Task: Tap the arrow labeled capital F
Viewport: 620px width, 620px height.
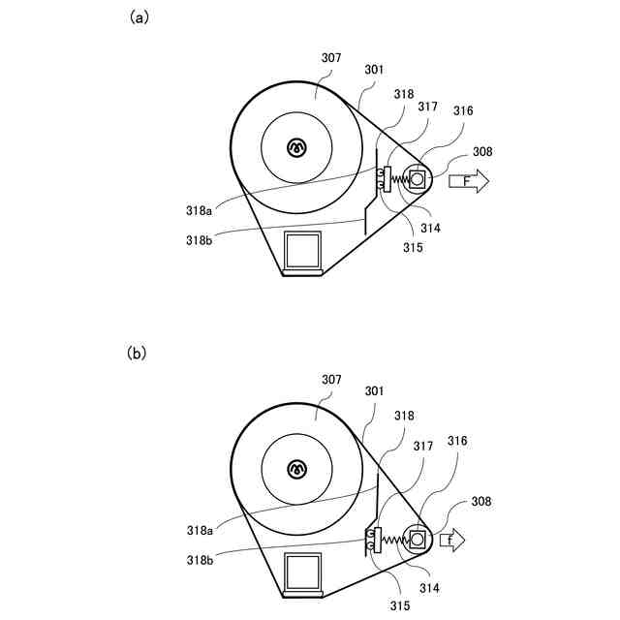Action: pyautogui.click(x=470, y=180)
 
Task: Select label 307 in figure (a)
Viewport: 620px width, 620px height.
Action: pyautogui.click(x=331, y=58)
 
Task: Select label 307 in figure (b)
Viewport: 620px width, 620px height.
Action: pyautogui.click(x=331, y=381)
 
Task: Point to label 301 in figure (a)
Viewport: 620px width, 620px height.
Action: pyautogui.click(x=374, y=70)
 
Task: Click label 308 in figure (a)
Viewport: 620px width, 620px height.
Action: pyautogui.click(x=482, y=152)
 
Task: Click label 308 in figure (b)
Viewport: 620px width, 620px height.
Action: pyautogui.click(x=482, y=502)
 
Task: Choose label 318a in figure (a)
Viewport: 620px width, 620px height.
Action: pyautogui.click(x=200, y=209)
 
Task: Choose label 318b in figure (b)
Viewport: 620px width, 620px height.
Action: pyautogui.click(x=200, y=560)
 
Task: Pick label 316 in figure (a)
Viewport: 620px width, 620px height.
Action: pyautogui.click(x=462, y=111)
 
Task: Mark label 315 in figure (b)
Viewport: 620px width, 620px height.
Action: pyautogui.click(x=400, y=605)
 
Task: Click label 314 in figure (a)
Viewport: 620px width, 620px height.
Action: pyautogui.click(x=430, y=228)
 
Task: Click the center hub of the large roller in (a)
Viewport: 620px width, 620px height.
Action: pyautogui.click(x=296, y=146)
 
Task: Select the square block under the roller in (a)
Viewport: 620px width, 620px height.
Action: pyautogui.click(x=302, y=250)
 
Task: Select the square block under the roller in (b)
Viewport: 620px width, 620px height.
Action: pyautogui.click(x=302, y=572)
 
